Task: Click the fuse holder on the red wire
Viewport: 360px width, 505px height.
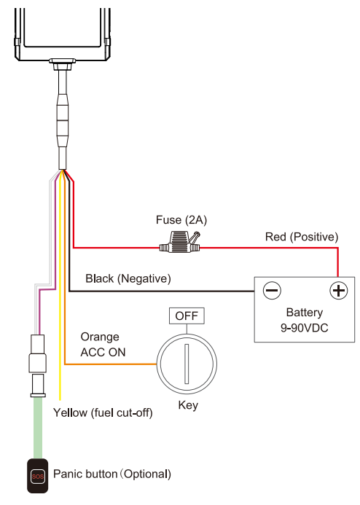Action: tap(180, 242)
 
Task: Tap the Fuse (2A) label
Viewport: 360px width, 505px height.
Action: tap(181, 220)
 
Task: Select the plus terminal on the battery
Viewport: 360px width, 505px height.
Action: tap(338, 290)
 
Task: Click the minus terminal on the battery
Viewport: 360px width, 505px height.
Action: tap(272, 290)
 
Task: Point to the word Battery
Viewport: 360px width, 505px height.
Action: tap(305, 313)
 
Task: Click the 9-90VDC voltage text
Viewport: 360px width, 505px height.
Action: tap(305, 328)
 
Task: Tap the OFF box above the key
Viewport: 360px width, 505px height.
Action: tap(187, 316)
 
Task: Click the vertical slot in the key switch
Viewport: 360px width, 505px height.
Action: tap(187, 364)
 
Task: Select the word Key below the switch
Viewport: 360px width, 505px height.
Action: tap(188, 405)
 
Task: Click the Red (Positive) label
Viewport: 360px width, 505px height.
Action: tap(302, 237)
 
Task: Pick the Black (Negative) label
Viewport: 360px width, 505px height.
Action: tap(128, 278)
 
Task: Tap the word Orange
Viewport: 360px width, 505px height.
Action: tap(100, 337)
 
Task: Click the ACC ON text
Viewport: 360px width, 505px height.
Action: tap(103, 353)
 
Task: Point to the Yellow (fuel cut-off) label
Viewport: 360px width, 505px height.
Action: tap(103, 412)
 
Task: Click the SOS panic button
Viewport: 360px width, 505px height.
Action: tap(37, 476)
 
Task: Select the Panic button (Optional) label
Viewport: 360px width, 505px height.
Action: tap(112, 474)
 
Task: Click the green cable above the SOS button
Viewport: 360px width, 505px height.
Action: tap(38, 428)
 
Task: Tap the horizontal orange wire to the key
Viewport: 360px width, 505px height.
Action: tap(111, 364)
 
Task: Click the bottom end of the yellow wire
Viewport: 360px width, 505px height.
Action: tap(60, 399)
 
